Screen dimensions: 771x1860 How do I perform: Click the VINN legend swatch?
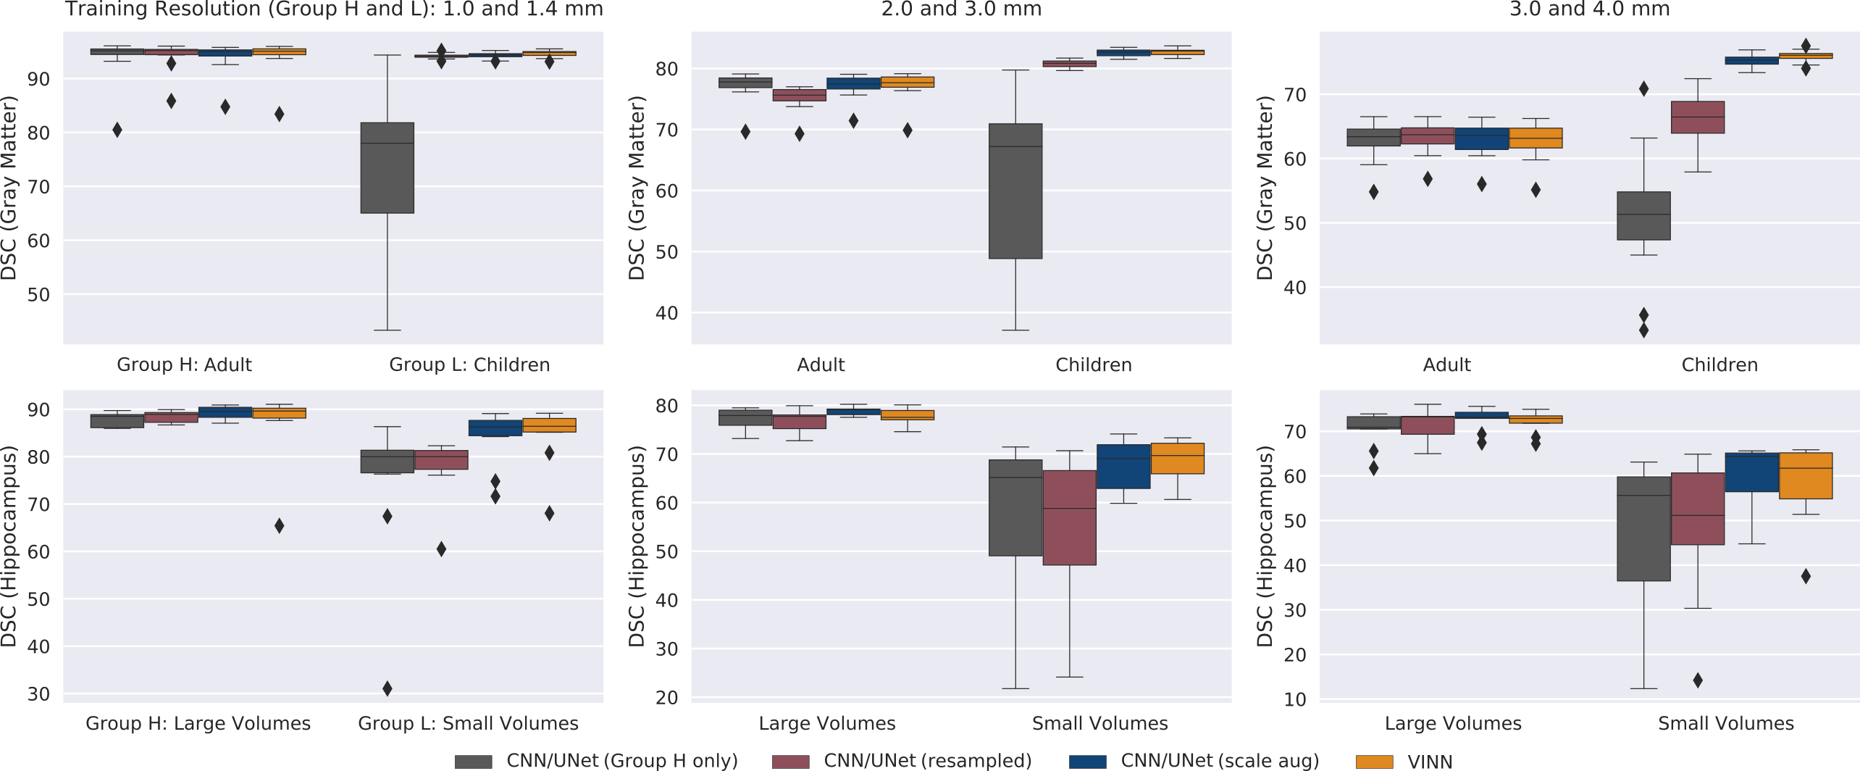pyautogui.click(x=1374, y=762)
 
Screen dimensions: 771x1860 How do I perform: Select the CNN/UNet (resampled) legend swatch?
pyautogui.click(x=790, y=762)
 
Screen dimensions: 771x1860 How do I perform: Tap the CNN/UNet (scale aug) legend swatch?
pyautogui.click(x=1087, y=762)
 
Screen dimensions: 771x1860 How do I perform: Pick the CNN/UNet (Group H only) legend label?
pyautogui.click(x=621, y=761)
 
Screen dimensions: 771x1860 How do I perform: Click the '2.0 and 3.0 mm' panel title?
pyautogui.click(x=961, y=9)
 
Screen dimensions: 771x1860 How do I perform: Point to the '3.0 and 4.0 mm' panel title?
pyautogui.click(x=1589, y=9)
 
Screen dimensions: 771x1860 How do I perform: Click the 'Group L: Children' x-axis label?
pyautogui.click(x=469, y=364)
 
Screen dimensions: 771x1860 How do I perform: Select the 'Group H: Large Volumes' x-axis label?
pyautogui.click(x=198, y=723)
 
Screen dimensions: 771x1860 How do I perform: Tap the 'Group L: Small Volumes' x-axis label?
pyautogui.click(x=468, y=723)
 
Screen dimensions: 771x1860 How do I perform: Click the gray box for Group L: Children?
pyautogui.click(x=387, y=168)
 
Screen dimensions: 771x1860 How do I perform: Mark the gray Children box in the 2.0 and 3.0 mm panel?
pyautogui.click(x=1015, y=191)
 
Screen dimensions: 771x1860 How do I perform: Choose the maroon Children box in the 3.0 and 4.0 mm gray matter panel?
pyautogui.click(x=1698, y=117)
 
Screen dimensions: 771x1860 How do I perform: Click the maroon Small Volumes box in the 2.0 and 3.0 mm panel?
pyautogui.click(x=1070, y=517)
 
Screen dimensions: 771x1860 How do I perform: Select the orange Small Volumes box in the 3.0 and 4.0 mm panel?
pyautogui.click(x=1806, y=475)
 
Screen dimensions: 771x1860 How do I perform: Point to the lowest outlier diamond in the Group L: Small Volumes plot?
pyautogui.click(x=387, y=688)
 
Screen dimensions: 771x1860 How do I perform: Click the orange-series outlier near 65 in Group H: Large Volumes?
pyautogui.click(x=280, y=525)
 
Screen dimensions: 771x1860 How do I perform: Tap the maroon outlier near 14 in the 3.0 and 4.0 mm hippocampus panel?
pyautogui.click(x=1698, y=680)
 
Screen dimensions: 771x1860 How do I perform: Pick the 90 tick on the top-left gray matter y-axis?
pyautogui.click(x=38, y=79)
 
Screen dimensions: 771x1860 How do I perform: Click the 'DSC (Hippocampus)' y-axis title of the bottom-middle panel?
pyautogui.click(x=637, y=546)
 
